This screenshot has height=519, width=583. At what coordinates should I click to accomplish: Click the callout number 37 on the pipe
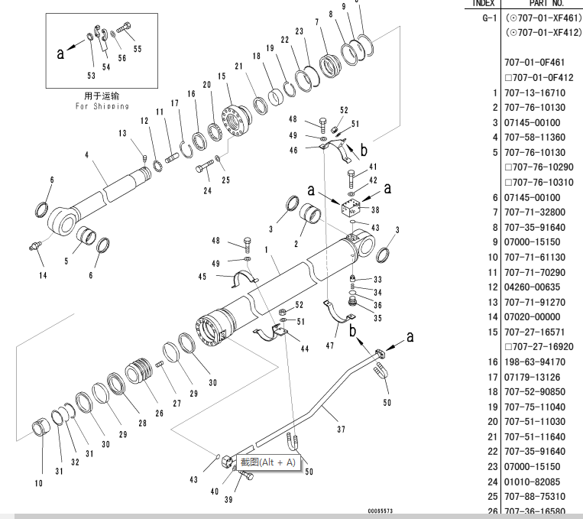[x=341, y=429]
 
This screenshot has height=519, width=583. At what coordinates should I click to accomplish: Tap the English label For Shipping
[x=102, y=106]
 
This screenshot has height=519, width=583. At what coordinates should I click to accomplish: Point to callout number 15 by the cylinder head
[x=222, y=76]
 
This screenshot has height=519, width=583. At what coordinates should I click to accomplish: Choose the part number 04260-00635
[x=535, y=287]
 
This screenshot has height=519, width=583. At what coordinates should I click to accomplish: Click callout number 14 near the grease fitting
[x=41, y=275]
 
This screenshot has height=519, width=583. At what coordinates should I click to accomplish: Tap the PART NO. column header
[x=545, y=3]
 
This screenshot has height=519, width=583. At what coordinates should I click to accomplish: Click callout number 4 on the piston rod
[x=87, y=155]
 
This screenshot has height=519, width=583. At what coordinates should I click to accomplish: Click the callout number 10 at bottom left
[x=38, y=483]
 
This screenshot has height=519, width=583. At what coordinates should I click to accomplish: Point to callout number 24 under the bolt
[x=207, y=190]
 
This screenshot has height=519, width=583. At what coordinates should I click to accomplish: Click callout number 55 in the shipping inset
[x=138, y=48]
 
